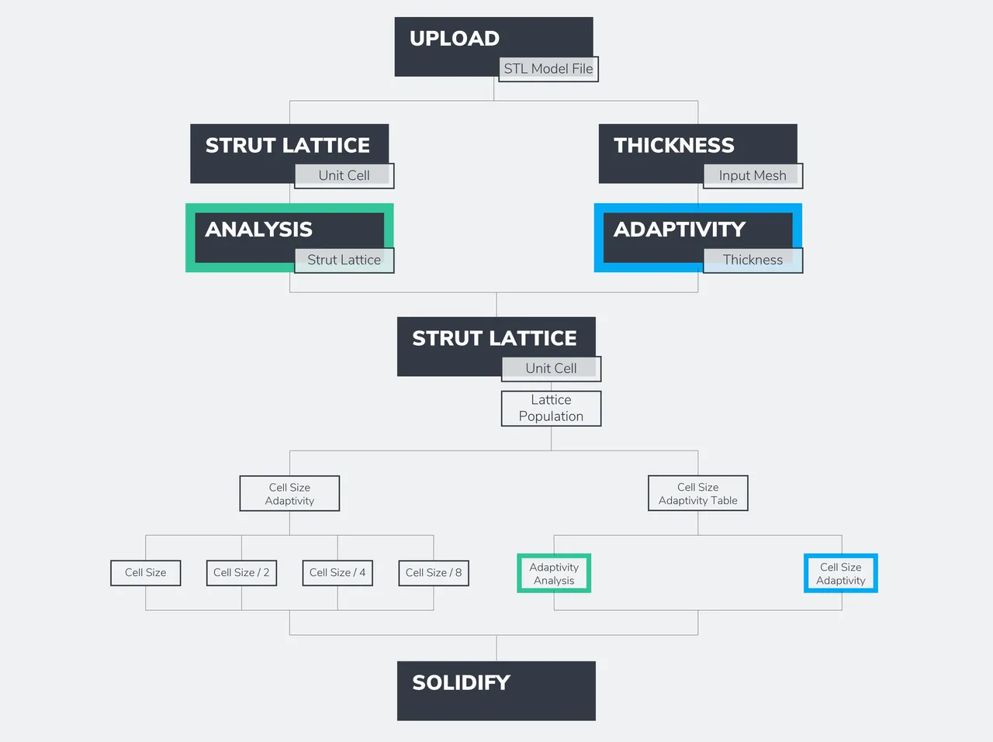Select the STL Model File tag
[x=548, y=69]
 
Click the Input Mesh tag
[x=753, y=176]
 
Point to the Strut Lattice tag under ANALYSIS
[x=344, y=261]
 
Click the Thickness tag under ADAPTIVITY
[x=753, y=261]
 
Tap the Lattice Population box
[x=551, y=409]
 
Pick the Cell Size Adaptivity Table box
[x=698, y=494]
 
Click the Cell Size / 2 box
[x=241, y=573]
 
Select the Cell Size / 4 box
[x=337, y=573]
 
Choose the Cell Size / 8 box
[x=434, y=573]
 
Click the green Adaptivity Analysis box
[x=554, y=574]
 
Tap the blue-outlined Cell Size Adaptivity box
[x=841, y=574]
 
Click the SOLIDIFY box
[x=496, y=691]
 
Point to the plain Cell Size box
[x=146, y=573]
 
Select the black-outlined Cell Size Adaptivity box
[x=289, y=494]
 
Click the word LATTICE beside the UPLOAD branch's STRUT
[x=326, y=146]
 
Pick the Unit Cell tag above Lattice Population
[x=551, y=369]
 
